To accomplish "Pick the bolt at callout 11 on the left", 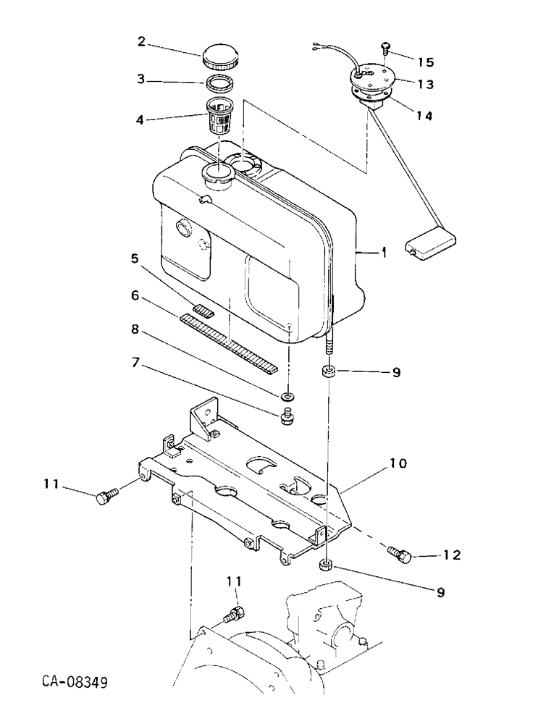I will [x=106, y=497].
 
